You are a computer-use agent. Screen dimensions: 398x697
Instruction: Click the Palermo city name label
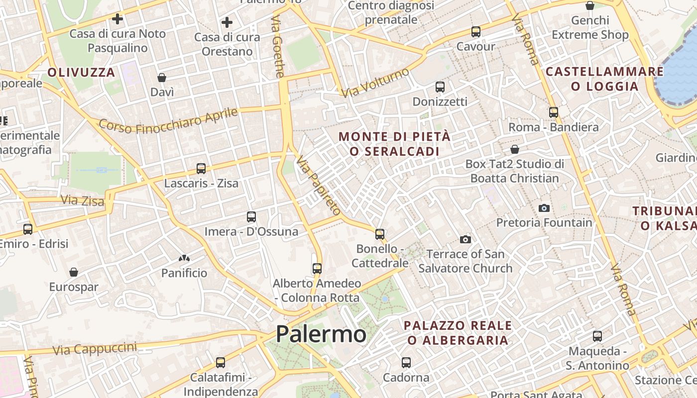tap(321, 334)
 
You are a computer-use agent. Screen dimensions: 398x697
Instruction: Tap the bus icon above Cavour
tap(475, 32)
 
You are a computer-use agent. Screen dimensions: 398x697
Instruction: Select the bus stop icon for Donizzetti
tap(440, 87)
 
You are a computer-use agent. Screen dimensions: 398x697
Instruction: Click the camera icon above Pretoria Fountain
tap(544, 208)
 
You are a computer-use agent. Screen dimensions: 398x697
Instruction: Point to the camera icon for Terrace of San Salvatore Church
tap(465, 240)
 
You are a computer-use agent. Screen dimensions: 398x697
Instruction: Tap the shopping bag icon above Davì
tap(162, 78)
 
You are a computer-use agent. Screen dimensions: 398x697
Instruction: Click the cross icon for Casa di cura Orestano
tap(227, 22)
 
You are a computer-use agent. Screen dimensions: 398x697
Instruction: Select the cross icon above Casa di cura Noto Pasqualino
tap(117, 19)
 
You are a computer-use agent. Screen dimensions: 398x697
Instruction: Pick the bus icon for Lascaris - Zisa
tap(201, 169)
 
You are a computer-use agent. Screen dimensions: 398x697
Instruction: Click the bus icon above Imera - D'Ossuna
tap(251, 217)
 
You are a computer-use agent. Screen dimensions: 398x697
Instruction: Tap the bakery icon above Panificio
tap(184, 258)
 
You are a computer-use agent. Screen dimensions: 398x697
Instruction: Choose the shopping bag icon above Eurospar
tap(74, 272)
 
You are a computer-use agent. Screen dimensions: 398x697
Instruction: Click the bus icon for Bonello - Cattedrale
tap(380, 234)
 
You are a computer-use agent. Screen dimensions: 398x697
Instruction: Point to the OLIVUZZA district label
tap(81, 72)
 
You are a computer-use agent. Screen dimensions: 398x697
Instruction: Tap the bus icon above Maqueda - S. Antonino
tap(597, 336)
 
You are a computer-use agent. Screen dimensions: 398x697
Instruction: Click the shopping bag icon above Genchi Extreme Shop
tap(590, 6)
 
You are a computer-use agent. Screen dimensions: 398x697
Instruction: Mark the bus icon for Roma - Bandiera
tap(554, 112)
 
